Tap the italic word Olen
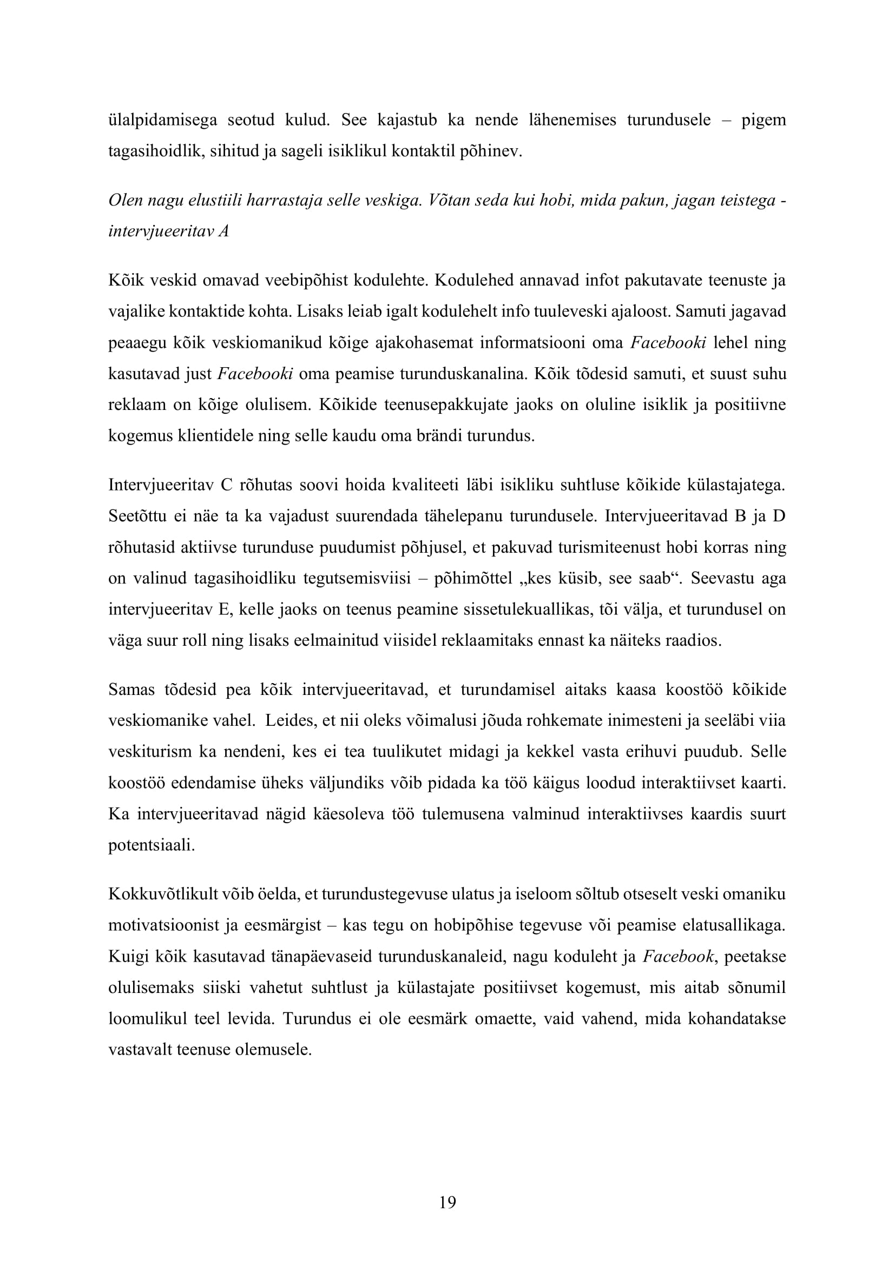tap(123, 201)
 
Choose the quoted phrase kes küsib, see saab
tap(569, 579)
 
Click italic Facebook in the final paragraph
tap(679, 957)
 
